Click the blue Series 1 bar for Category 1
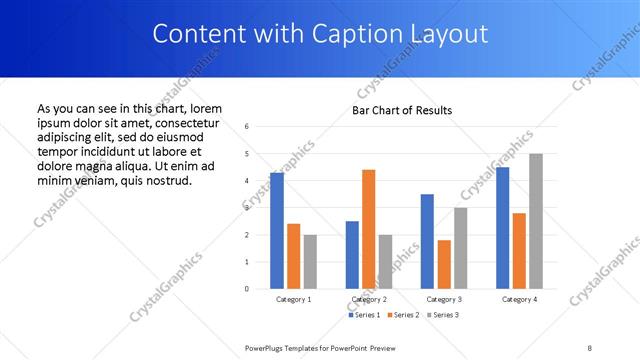click(x=277, y=231)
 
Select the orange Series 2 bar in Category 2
click(x=368, y=229)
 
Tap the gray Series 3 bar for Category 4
click(x=536, y=221)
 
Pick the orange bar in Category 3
click(x=444, y=264)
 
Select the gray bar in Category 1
click(x=310, y=262)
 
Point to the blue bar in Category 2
click(x=352, y=255)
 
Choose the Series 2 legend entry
click(x=403, y=315)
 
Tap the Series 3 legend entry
click(x=443, y=315)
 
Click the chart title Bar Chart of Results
click(x=402, y=110)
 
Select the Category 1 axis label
click(x=293, y=299)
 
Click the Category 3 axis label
click(x=444, y=299)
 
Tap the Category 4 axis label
click(x=519, y=299)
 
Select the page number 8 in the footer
click(x=590, y=347)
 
